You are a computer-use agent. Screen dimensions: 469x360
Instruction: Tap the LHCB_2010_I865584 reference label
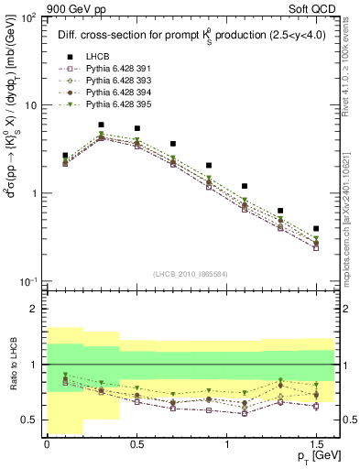click(x=189, y=274)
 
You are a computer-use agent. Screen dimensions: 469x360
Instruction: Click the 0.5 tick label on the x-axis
click(x=136, y=442)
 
